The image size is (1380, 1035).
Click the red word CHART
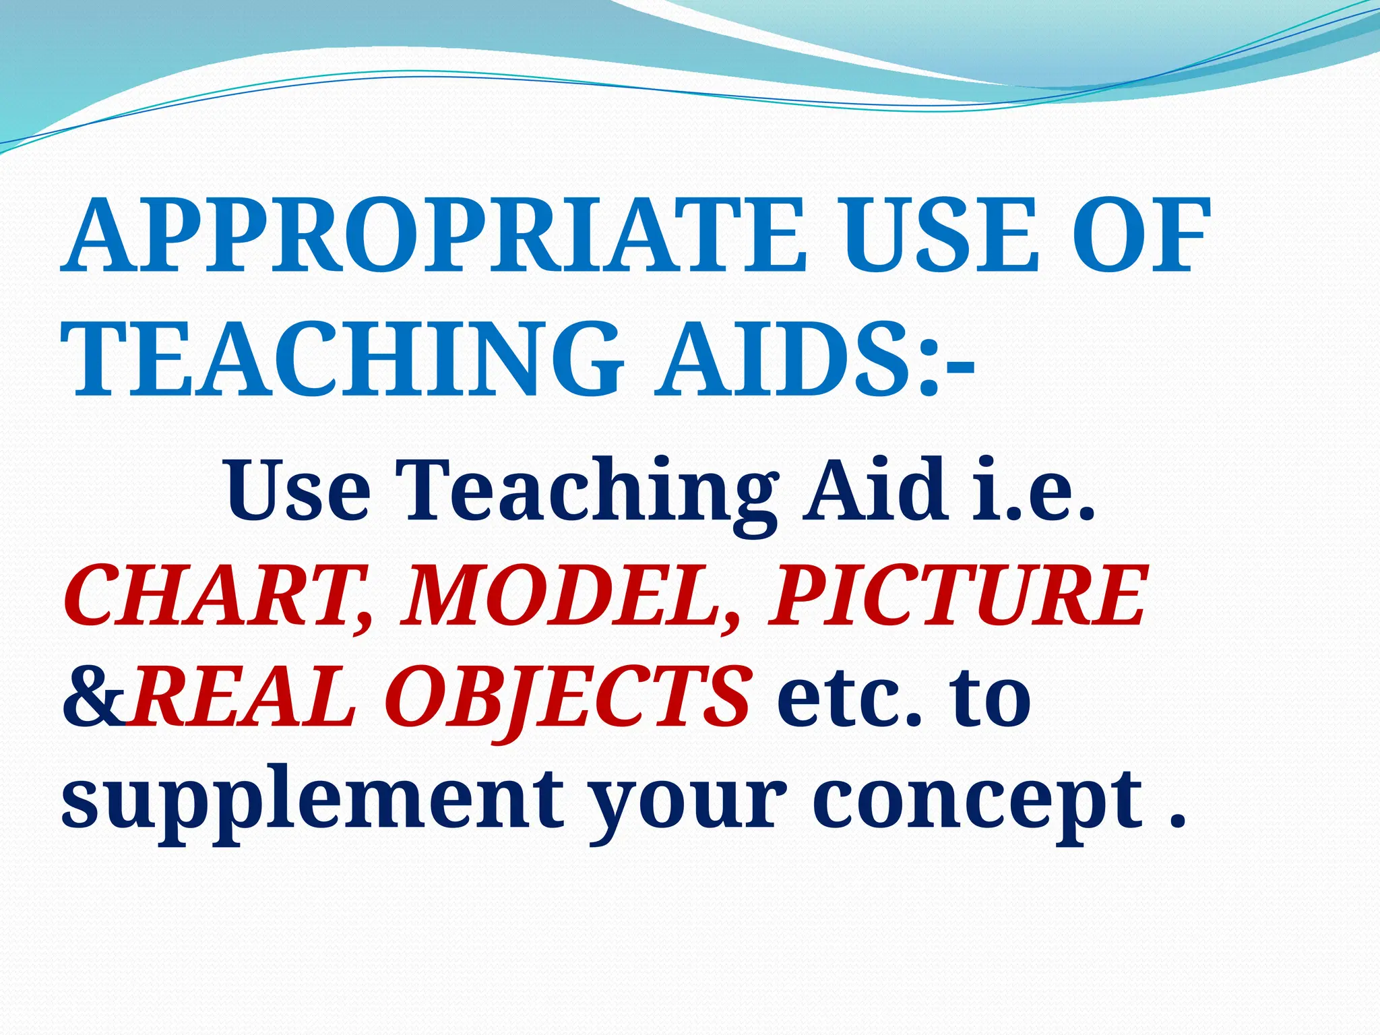pos(216,596)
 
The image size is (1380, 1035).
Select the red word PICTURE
pos(957,596)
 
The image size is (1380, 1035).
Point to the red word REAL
pos(243,697)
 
